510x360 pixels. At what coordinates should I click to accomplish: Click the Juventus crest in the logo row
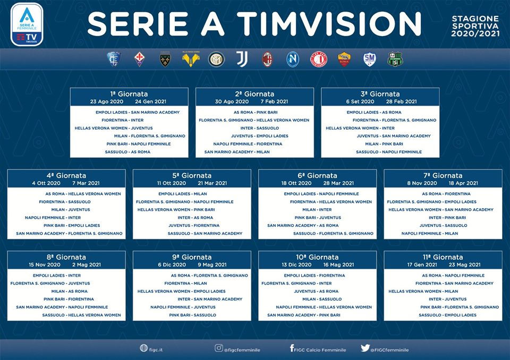pos(242,59)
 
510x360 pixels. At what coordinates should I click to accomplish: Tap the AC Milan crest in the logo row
pos(267,59)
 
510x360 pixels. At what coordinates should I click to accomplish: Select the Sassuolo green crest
pos(395,59)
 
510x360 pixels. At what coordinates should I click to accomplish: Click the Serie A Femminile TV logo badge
pos(27,25)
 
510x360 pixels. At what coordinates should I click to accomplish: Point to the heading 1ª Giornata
pos(129,94)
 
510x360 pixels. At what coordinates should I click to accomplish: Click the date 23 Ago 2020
pos(107,101)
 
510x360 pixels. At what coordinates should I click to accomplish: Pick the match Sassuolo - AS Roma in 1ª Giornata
pos(127,152)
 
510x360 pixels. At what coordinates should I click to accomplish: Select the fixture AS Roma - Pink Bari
pos(256,112)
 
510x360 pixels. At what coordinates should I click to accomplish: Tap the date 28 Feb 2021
pos(402,101)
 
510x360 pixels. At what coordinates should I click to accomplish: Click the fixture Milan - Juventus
pos(71,210)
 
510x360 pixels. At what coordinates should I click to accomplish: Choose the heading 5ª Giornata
pos(192,176)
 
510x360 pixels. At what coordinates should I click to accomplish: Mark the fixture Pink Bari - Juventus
pos(318,218)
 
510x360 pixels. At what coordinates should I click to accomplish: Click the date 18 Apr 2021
pos(463,183)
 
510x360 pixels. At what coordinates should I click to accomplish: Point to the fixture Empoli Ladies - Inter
pos(57,276)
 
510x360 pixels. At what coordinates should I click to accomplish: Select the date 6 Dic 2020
pos(172,265)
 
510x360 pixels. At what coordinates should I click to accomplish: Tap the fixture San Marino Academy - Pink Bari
pos(304,315)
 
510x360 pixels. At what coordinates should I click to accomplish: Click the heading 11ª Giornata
pos(443,257)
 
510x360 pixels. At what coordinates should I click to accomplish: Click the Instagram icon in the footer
pos(219,348)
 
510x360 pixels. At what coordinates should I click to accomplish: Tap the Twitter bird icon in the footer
pos(365,348)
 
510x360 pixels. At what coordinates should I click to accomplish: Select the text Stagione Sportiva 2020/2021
pos(475,26)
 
